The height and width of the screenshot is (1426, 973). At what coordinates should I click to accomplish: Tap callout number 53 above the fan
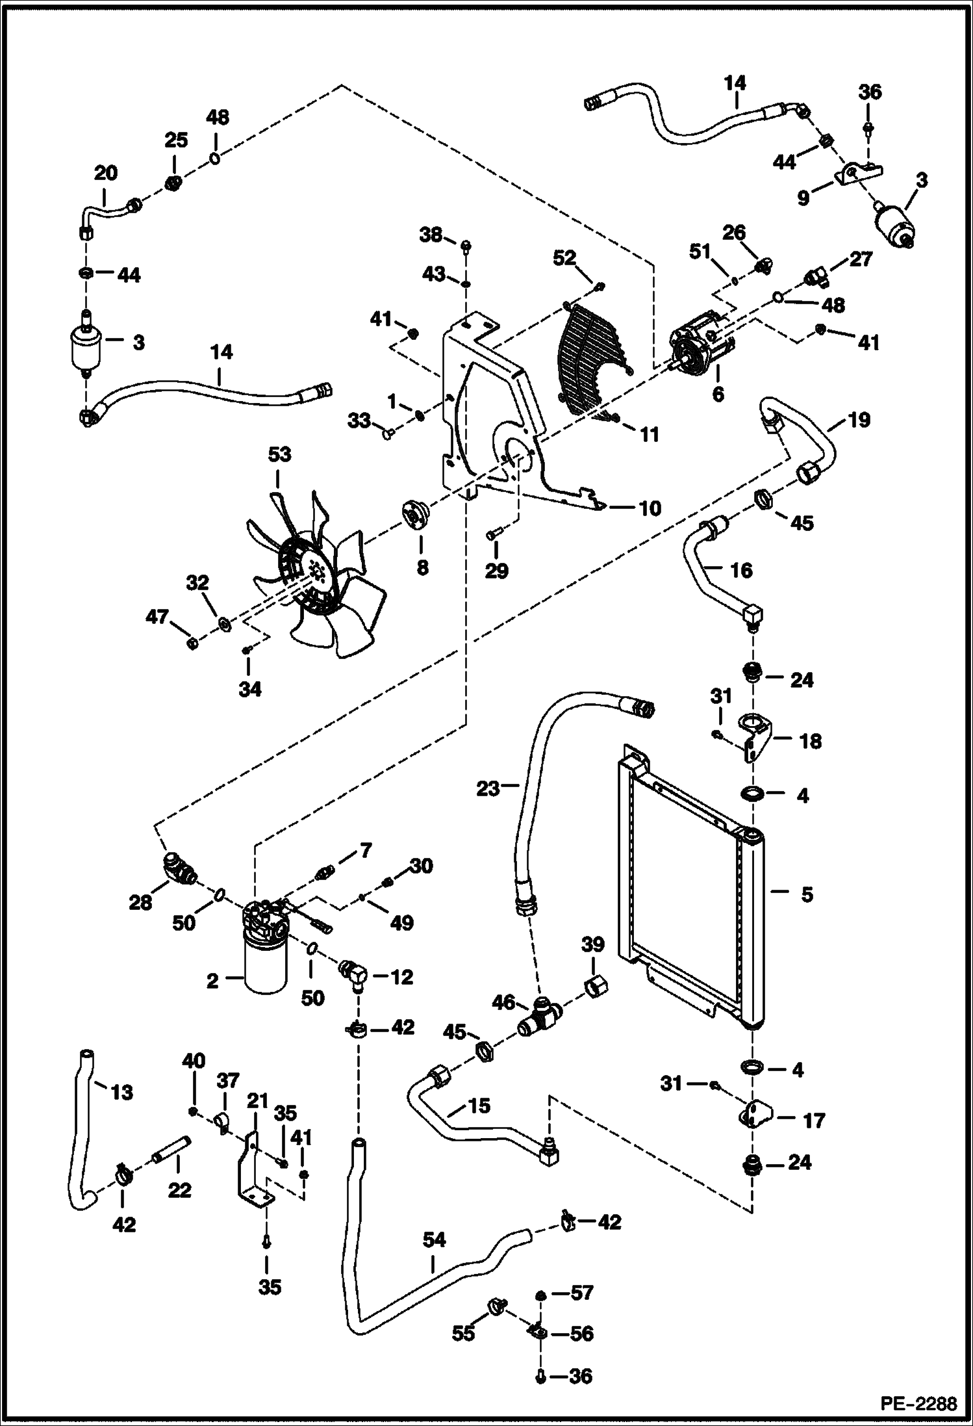click(280, 454)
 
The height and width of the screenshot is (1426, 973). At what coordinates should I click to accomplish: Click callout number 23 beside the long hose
click(488, 788)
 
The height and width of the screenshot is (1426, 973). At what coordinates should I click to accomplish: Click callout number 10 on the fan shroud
click(650, 508)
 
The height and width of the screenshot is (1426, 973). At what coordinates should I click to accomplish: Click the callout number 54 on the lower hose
click(434, 1240)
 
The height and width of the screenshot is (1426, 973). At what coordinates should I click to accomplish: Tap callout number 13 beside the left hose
click(121, 1092)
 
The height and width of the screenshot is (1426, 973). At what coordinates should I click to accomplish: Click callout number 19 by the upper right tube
click(859, 420)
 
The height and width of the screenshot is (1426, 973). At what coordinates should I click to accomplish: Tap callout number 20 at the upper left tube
click(105, 173)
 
